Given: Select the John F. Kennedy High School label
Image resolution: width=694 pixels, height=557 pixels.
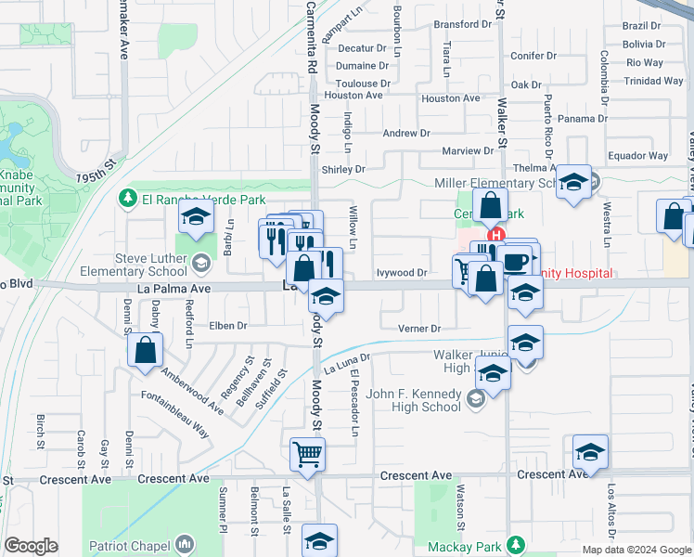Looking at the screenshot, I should point(415,400).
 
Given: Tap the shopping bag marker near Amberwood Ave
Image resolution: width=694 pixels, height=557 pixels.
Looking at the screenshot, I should point(146,350).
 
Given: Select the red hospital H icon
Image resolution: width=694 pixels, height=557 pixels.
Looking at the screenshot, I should point(496,236).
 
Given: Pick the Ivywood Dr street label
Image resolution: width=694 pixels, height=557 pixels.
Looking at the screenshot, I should point(402,273).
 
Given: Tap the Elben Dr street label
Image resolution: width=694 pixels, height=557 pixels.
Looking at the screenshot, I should point(228,326).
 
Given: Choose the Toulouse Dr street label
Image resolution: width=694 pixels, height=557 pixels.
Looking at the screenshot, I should point(363,83).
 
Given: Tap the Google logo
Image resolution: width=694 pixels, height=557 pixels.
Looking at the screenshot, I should point(31,546).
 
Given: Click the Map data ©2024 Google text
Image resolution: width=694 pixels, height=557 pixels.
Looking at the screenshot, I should point(636,550).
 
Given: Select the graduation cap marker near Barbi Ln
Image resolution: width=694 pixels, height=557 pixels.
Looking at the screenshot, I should point(196,218).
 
